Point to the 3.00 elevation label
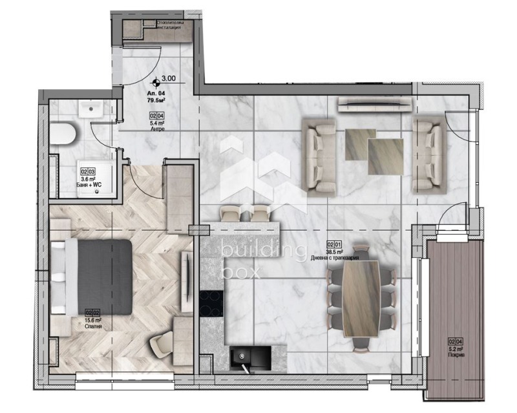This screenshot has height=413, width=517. pos(169,79)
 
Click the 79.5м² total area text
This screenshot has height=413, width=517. pos(156,101)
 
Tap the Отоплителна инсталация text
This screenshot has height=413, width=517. pos(172,25)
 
